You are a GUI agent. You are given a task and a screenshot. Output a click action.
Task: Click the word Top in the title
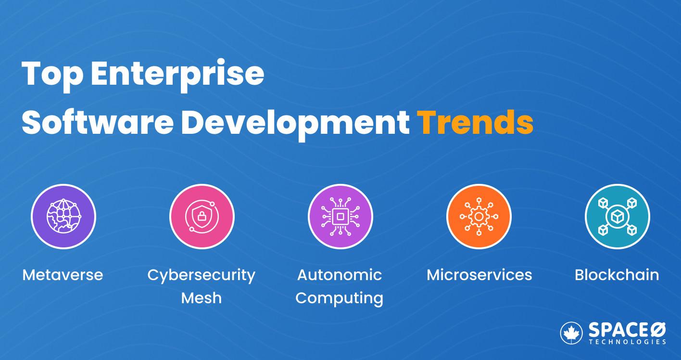(52, 74)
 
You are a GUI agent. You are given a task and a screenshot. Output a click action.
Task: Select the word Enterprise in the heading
(177, 74)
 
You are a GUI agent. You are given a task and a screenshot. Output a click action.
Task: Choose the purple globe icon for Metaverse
(63, 217)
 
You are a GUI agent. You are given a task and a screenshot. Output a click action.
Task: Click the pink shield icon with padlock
(202, 217)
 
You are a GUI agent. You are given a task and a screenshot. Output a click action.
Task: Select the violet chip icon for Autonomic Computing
(340, 217)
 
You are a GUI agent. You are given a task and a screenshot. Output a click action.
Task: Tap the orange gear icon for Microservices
(479, 217)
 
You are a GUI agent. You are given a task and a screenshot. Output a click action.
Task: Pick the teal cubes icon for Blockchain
(617, 217)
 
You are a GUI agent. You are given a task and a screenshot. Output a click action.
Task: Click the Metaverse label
(63, 275)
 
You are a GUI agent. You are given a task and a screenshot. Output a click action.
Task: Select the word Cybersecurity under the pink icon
(201, 276)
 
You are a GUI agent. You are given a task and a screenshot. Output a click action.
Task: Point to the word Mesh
(201, 298)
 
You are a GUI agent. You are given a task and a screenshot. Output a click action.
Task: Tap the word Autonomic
(340, 275)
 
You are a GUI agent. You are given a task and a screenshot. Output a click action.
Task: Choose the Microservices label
(479, 275)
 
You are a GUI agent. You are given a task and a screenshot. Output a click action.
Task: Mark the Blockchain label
(617, 275)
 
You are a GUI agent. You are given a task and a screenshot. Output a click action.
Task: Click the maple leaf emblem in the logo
(571, 333)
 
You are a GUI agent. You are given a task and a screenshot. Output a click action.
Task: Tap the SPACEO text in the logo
(627, 330)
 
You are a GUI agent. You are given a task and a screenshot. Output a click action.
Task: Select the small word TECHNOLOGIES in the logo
(628, 342)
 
